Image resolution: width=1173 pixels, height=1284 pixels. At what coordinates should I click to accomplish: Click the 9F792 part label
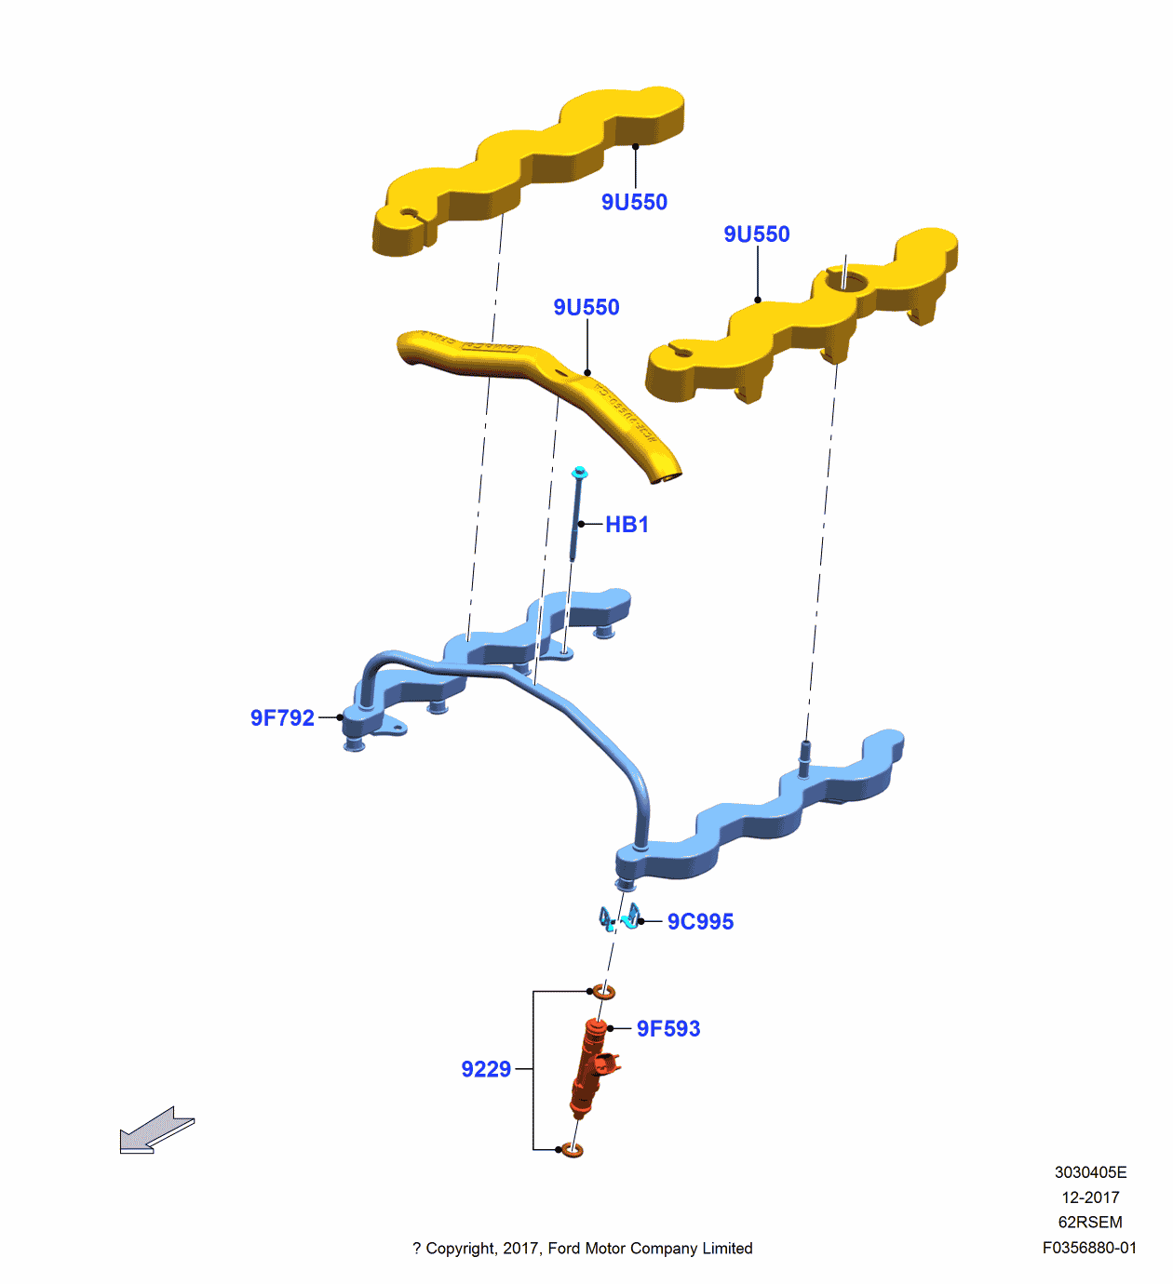coord(282,717)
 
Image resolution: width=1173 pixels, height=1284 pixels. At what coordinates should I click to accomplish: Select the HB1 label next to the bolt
coord(627,525)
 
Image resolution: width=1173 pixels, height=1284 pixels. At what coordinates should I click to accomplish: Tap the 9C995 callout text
coord(700,921)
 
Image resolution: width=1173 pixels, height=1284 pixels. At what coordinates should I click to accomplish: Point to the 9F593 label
coord(667,1028)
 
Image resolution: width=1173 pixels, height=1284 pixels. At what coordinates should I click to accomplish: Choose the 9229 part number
coord(486,1069)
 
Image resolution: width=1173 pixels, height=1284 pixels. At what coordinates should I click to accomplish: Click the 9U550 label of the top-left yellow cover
coord(634,202)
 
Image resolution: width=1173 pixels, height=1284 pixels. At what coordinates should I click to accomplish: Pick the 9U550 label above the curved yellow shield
coord(586,307)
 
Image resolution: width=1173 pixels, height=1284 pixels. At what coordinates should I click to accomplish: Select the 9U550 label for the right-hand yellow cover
coord(756,234)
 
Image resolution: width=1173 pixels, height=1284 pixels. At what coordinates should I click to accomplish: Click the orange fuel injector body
coord(589,1070)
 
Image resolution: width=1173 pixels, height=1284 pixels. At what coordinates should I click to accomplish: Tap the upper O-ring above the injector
coord(604,992)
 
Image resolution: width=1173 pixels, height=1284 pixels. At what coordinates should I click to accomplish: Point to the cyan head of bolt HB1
coord(579,473)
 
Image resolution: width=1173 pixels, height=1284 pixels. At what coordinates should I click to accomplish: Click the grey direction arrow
coord(155,1130)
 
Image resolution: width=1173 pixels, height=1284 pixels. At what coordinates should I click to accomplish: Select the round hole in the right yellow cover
coord(844,279)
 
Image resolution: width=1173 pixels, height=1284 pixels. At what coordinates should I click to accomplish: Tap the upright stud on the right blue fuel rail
coord(804,756)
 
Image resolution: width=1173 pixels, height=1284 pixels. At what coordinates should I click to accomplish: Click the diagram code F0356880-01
coord(1088,1248)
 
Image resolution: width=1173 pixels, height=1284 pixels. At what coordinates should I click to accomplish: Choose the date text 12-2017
coord(1090,1197)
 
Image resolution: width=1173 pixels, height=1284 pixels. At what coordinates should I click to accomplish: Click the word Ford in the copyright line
coord(564,1249)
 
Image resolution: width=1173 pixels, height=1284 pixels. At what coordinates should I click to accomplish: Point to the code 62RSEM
coord(1090,1223)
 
